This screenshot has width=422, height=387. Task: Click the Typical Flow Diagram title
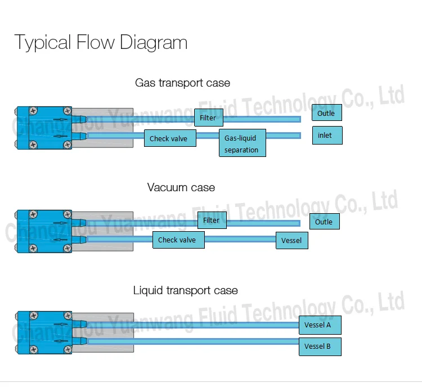[101, 43]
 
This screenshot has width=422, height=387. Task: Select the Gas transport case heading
[182, 83]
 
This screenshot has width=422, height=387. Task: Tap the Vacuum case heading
[181, 187]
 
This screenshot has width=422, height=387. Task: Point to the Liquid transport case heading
[185, 291]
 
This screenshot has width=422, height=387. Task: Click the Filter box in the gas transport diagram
[208, 118]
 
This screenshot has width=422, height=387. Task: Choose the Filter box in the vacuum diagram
[212, 220]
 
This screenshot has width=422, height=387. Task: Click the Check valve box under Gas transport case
[170, 138]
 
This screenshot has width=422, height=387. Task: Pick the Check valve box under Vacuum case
[178, 240]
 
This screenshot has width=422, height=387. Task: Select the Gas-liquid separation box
[242, 143]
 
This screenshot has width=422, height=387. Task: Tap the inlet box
[327, 136]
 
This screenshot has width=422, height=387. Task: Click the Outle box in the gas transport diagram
[326, 113]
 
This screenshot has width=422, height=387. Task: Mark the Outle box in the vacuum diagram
[324, 222]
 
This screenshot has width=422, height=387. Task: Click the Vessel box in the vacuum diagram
[292, 240]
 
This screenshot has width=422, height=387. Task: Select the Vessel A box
[320, 325]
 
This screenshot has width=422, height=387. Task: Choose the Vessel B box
[320, 346]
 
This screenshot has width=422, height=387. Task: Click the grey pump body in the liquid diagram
[110, 332]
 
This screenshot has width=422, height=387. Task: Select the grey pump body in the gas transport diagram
[110, 128]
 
